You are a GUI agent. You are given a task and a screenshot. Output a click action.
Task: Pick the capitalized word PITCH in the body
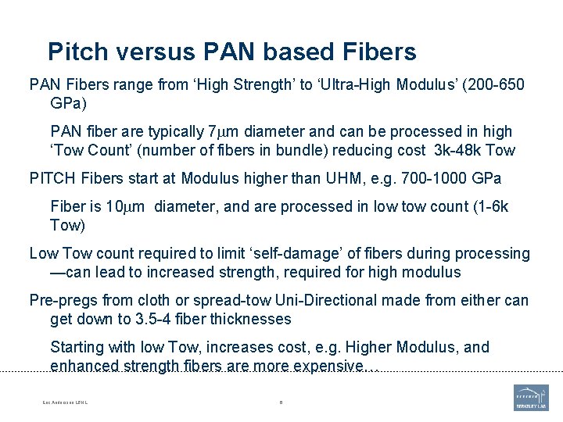(x=52, y=178)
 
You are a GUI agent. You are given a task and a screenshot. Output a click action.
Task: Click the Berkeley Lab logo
(x=531, y=397)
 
